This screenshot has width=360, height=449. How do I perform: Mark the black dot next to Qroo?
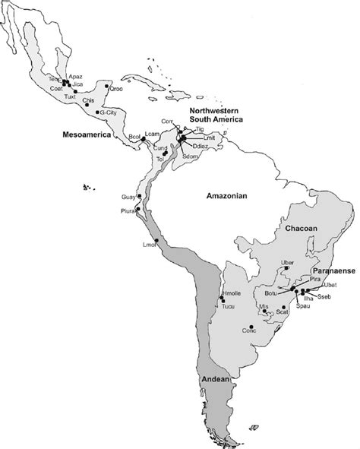[x=106, y=86]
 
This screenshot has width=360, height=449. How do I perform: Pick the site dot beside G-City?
[x=98, y=112]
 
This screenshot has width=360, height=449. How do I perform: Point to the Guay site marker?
[x=137, y=196]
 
